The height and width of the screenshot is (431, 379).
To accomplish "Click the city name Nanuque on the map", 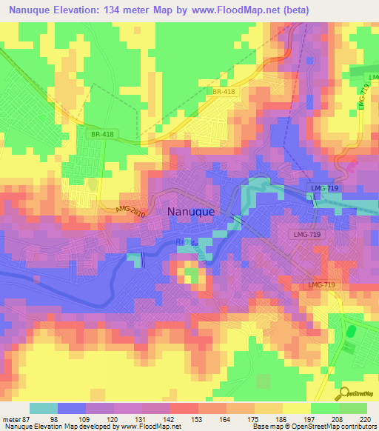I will pos(191,211).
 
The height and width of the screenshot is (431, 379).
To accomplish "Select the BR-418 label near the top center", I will pos(223,91).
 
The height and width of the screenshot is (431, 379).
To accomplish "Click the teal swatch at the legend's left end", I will pos(43,408).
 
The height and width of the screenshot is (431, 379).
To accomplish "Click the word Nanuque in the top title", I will pos(28,10).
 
